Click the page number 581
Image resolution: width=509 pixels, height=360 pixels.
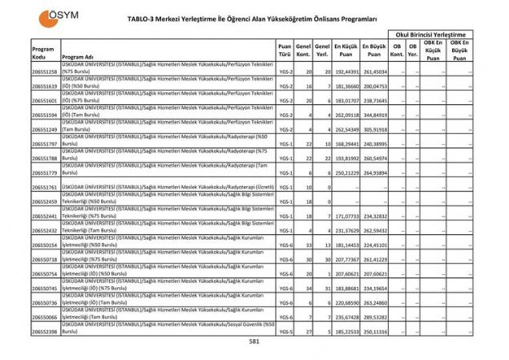point(254,342)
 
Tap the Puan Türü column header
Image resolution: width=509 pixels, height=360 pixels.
point(285,51)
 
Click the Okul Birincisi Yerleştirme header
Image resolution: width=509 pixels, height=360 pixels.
point(430,34)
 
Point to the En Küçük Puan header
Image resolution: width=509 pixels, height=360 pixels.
point(346,51)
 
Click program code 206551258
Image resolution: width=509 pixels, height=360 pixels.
point(44,72)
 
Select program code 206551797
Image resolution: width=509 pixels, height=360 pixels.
point(44,144)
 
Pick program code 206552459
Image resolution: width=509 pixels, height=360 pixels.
point(44,202)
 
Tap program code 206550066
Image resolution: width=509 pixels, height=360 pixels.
point(44,317)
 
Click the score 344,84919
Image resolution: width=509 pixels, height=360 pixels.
point(374,115)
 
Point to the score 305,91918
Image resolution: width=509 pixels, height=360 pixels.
point(374,130)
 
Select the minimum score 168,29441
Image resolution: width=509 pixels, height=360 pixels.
point(345,144)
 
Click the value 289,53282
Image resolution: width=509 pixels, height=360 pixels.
point(374,317)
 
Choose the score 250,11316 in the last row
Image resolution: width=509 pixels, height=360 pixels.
point(374,331)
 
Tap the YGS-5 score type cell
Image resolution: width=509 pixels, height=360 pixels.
point(285,331)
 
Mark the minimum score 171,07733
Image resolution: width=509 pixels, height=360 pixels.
point(345,216)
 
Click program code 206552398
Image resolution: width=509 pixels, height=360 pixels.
point(44,331)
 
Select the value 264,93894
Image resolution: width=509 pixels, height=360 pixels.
point(374,173)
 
